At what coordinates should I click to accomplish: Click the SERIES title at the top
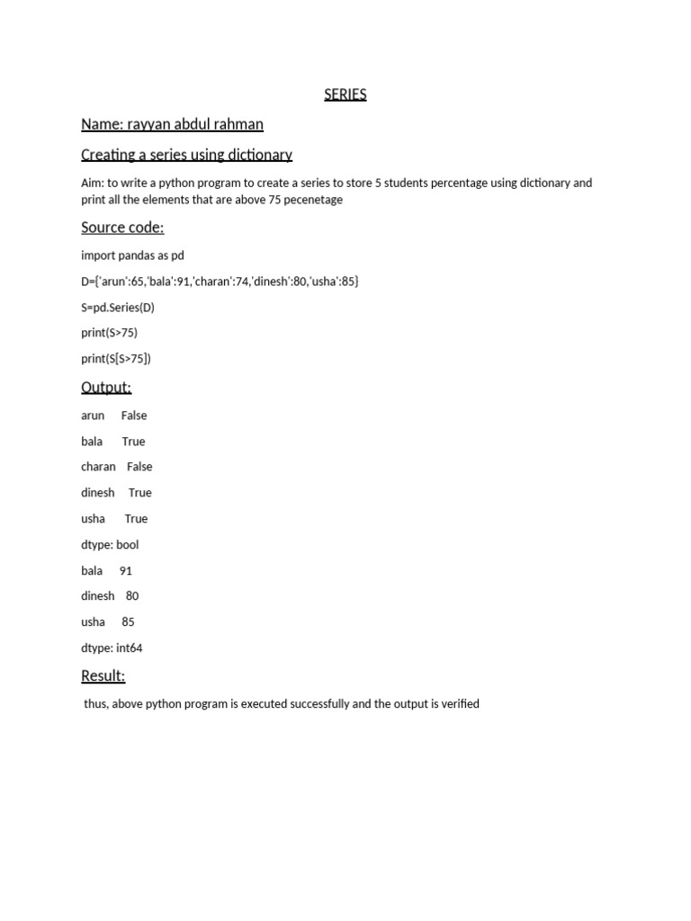pyautogui.click(x=345, y=94)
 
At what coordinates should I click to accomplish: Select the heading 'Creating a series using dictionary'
pyautogui.click(x=186, y=155)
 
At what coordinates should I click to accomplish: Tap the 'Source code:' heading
pyautogui.click(x=122, y=228)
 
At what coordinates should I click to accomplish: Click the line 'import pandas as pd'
pyautogui.click(x=132, y=255)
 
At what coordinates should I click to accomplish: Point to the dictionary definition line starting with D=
pyautogui.click(x=220, y=282)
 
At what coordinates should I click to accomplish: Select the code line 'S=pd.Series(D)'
pyautogui.click(x=118, y=308)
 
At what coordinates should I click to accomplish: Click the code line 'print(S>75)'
pyautogui.click(x=109, y=333)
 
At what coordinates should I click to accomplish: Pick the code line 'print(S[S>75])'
pyautogui.click(x=116, y=359)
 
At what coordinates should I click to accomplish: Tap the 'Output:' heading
pyautogui.click(x=106, y=388)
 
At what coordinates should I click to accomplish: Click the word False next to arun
pyautogui.click(x=134, y=416)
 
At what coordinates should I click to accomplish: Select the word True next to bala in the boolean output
pyautogui.click(x=133, y=442)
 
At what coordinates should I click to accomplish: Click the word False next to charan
pyautogui.click(x=139, y=467)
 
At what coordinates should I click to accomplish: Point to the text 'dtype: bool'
pyautogui.click(x=110, y=544)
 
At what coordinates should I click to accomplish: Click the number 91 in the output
pyautogui.click(x=126, y=570)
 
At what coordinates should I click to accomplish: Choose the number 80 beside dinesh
pyautogui.click(x=132, y=595)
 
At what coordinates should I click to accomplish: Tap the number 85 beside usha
pyautogui.click(x=128, y=621)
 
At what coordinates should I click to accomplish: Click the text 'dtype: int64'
pyautogui.click(x=112, y=648)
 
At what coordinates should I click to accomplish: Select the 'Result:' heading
pyautogui.click(x=103, y=676)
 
